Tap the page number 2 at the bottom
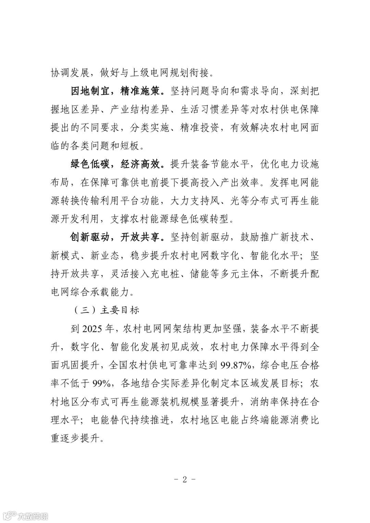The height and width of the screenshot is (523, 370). point(185,480)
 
